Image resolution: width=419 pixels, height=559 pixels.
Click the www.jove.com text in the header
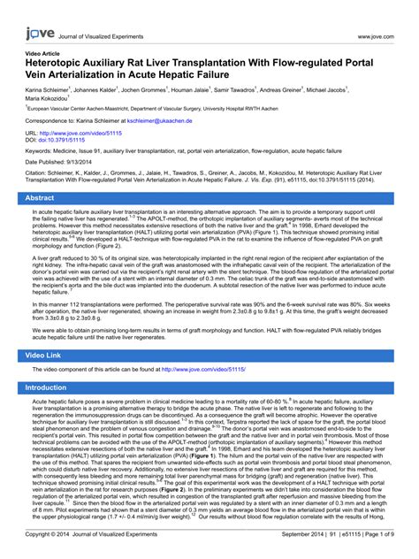coord(375,37)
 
